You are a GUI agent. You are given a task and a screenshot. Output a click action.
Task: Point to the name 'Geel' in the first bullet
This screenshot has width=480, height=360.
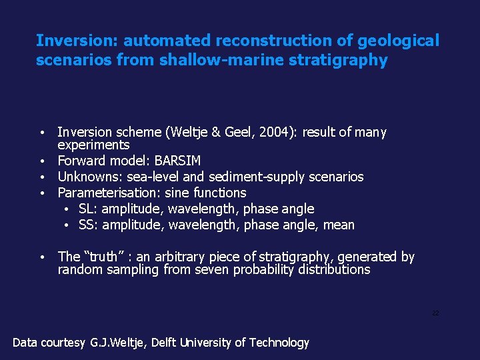pos(242,133)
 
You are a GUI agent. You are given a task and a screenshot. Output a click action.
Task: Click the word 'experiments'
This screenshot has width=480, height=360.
pos(93,145)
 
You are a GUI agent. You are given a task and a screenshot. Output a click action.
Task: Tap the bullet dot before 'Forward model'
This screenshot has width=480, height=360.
pos(42,161)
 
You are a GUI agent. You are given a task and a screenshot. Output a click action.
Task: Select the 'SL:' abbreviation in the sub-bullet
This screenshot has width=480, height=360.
pos(88,209)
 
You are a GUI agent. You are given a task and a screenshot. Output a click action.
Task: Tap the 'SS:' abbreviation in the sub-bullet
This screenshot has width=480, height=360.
pos(89,225)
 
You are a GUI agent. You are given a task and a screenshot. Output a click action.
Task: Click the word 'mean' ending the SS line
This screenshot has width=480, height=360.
pos(338,225)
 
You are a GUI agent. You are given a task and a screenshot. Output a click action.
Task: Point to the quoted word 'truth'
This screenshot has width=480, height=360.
pos(106,257)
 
